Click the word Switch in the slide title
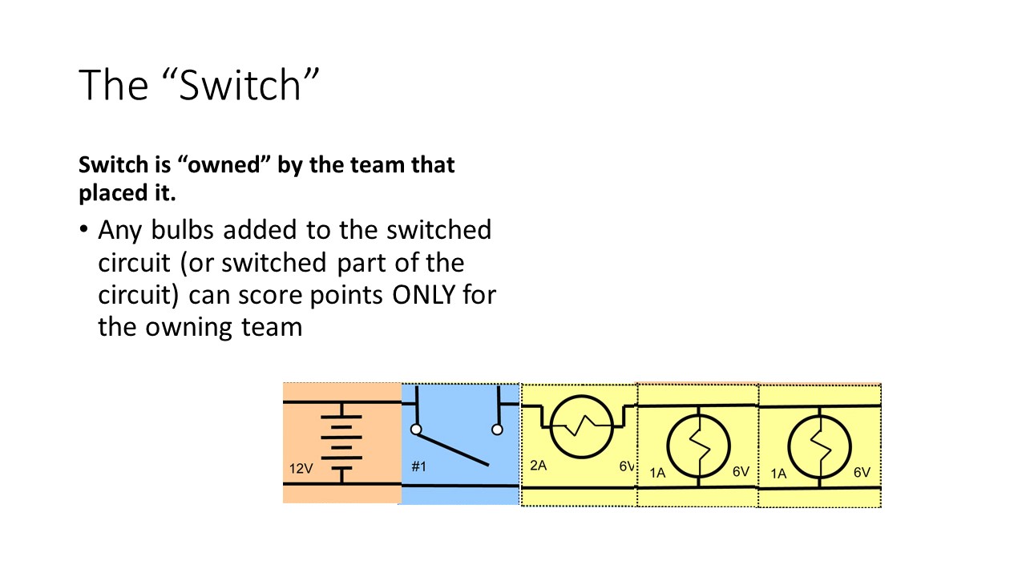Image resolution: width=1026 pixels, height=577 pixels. [240, 86]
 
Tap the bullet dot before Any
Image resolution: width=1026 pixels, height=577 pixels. [83, 231]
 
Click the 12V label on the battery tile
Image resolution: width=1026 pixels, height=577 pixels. [301, 469]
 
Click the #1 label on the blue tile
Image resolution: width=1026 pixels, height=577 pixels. [418, 466]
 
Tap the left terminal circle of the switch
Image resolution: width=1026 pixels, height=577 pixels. [415, 430]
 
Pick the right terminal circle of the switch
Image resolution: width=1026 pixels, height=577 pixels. [497, 430]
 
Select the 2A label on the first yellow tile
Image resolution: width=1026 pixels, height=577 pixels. [538, 466]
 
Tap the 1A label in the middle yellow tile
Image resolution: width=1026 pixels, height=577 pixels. [657, 473]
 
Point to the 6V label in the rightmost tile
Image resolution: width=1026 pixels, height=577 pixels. [862, 472]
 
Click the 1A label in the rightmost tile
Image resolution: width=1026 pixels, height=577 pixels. [778, 474]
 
